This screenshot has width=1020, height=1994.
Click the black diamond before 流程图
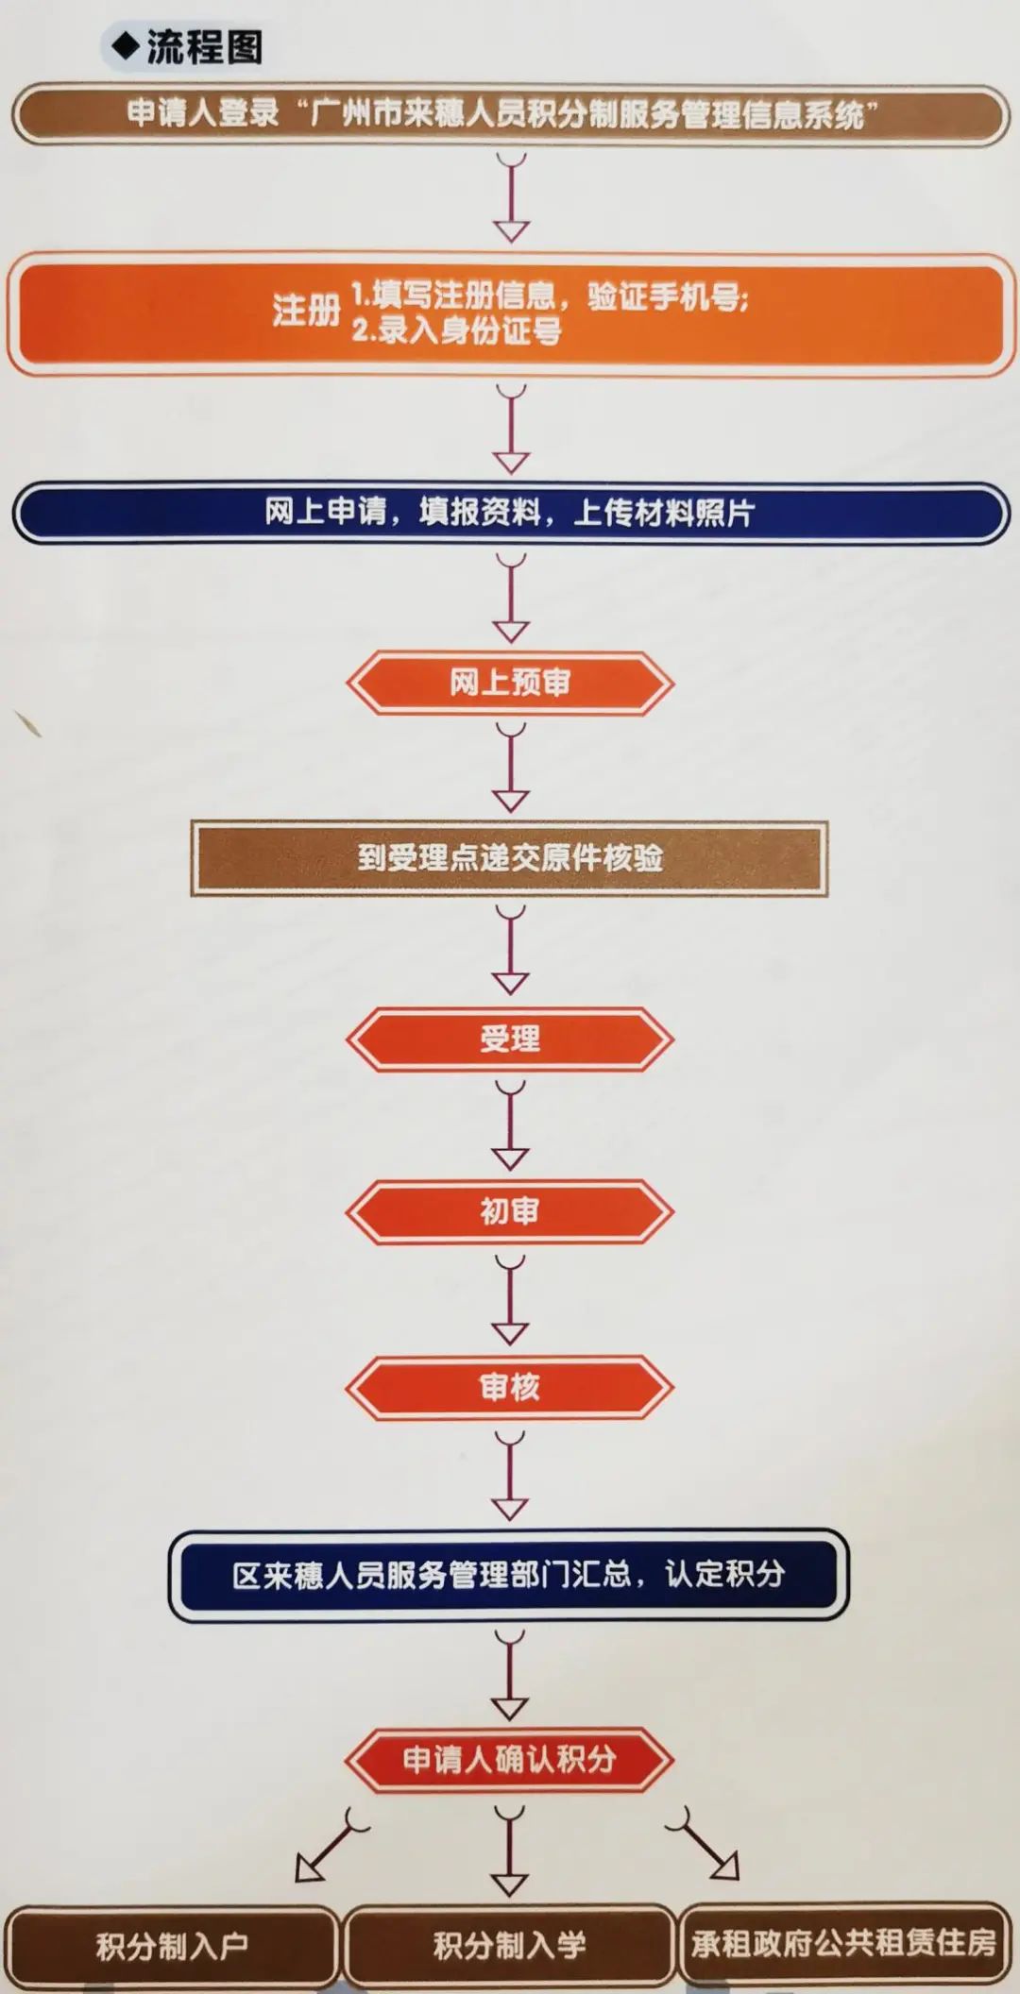point(125,46)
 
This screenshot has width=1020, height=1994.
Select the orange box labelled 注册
point(510,313)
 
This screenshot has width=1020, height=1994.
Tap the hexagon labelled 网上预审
point(510,682)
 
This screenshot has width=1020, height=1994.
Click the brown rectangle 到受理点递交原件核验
point(510,857)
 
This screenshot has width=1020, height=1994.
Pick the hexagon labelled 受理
point(510,1039)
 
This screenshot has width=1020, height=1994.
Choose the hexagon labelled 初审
point(510,1211)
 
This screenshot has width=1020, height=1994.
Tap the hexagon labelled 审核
point(510,1387)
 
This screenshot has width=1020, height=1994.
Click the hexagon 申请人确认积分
point(510,1759)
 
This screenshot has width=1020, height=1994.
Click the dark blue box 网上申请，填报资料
point(510,513)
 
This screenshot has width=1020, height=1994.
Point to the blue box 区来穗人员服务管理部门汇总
point(510,1574)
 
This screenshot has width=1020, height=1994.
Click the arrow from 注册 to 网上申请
point(511,430)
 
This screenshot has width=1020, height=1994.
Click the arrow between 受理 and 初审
point(510,1126)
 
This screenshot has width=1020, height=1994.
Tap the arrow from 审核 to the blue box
point(510,1477)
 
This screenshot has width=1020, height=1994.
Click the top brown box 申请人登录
point(510,114)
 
